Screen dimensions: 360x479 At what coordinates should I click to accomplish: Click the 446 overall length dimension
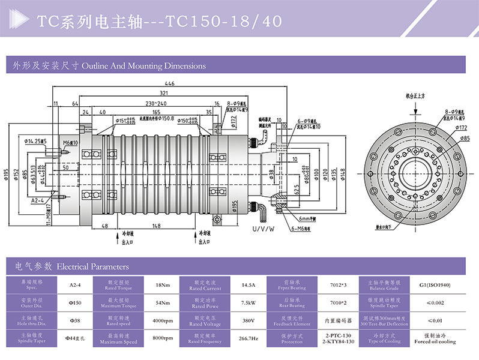[x=170, y=84]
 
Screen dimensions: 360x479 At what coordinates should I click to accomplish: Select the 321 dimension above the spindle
[x=163, y=94]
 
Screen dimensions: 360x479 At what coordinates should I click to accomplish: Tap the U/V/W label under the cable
[x=262, y=229]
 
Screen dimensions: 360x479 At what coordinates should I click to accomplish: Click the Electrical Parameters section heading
[x=92, y=266]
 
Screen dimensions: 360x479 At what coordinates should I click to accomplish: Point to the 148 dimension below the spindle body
[x=156, y=226]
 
